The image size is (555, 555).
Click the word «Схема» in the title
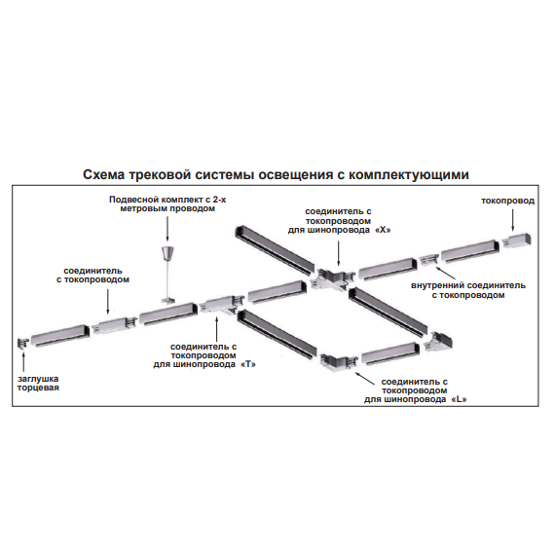click(x=104, y=174)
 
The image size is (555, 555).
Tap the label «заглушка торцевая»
click(x=38, y=383)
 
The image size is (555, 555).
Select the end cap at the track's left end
click(x=23, y=344)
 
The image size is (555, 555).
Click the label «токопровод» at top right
click(x=507, y=201)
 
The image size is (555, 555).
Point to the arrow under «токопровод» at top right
click(x=513, y=220)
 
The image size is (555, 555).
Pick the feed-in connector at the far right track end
click(x=516, y=240)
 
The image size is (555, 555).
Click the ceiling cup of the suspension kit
click(x=166, y=253)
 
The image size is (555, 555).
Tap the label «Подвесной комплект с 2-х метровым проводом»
click(x=167, y=203)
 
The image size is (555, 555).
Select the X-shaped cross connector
click(x=332, y=279)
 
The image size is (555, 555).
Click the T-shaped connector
click(x=221, y=305)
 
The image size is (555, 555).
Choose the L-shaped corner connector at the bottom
click(x=339, y=362)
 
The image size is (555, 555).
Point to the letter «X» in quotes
click(x=383, y=230)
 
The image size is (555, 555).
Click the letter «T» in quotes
click(x=248, y=364)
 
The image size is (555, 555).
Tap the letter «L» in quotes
click(x=459, y=399)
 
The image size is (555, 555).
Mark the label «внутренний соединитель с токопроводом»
click(x=468, y=290)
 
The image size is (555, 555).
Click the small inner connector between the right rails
click(x=429, y=260)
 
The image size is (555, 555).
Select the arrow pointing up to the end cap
click(x=23, y=362)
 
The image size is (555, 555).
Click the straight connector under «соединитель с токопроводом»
click(x=115, y=325)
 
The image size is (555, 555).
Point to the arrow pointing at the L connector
click(x=364, y=378)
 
